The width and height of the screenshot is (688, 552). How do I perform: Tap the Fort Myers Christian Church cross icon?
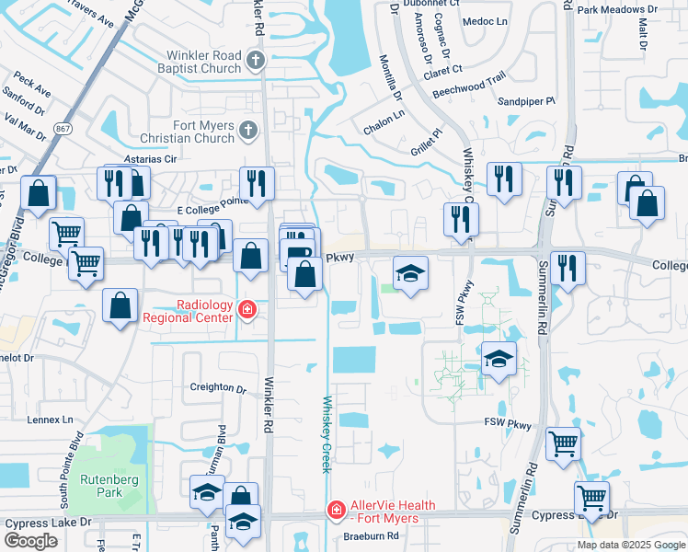[x=247, y=132]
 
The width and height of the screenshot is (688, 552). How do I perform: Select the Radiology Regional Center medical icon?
[x=246, y=310]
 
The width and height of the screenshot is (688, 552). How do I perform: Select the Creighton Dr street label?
[x=218, y=387]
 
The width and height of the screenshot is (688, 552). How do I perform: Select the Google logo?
[x=30, y=541]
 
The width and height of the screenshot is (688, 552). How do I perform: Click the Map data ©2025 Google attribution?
[x=631, y=545]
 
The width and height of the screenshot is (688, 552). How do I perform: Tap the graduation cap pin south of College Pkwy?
[x=411, y=273]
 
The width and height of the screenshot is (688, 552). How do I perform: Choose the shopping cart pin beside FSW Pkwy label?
[x=563, y=443]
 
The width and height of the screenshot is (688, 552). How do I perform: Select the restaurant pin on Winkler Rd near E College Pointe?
[x=257, y=183]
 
